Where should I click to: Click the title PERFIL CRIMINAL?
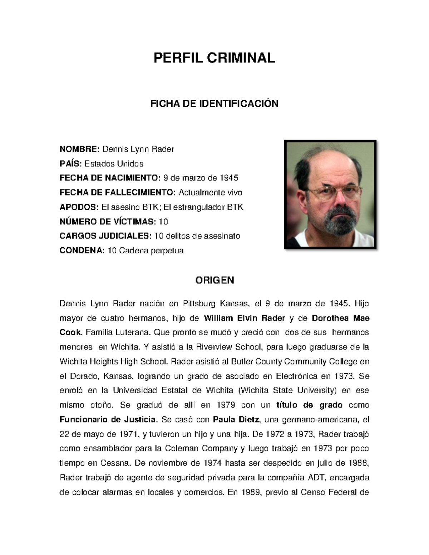point(214,58)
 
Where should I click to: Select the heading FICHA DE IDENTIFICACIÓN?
point(214,104)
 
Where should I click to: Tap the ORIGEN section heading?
point(214,280)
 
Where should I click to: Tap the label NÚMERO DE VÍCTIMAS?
point(108,222)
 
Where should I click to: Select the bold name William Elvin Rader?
point(244,318)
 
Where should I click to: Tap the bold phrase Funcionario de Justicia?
point(108,419)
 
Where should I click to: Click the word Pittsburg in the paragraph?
point(199,304)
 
